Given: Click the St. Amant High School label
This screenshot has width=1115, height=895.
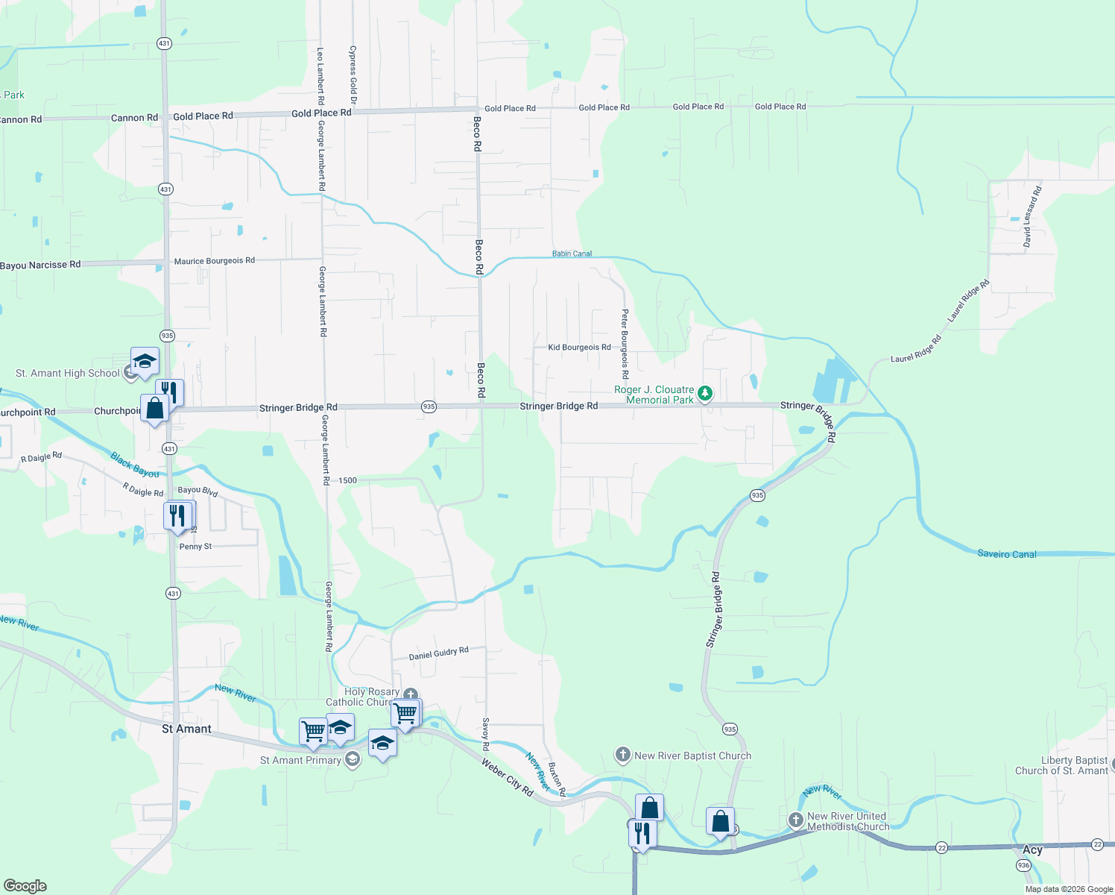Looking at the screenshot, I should coord(68,373).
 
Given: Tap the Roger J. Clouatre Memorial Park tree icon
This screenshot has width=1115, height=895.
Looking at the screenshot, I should coord(704,393).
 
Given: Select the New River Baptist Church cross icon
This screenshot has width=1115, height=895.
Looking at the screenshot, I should coord(622,755).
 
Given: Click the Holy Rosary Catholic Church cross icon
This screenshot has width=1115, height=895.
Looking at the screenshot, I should coord(410,695).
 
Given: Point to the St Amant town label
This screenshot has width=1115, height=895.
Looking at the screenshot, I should coord(186,729).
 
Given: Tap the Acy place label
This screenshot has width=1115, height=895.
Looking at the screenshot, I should coord(1032,850).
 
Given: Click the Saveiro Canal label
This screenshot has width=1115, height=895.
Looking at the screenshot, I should coord(1006,554).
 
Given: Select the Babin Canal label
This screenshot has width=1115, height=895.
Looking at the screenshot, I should coord(572,254).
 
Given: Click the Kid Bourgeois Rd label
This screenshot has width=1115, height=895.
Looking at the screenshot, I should coord(579,347).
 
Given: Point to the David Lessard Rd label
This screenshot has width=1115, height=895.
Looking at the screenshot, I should coord(1032,217).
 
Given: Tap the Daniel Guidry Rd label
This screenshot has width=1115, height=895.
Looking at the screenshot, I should coord(438,654).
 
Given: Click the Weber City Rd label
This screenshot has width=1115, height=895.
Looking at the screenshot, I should coord(508,777).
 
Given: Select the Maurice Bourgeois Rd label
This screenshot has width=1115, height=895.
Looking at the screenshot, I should coord(214,261).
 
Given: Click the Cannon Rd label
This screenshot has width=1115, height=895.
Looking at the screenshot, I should coord(134,118).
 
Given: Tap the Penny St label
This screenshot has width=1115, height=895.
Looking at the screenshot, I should coord(195,547).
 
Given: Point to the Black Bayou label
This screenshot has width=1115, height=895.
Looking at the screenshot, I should coord(135,465).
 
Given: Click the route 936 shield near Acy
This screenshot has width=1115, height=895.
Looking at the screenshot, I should coord(1023,865).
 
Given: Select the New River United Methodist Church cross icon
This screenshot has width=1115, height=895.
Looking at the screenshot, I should coord(796,820).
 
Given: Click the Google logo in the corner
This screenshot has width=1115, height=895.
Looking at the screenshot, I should coord(25,886).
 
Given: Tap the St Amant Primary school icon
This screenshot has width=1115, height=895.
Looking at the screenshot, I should coord(353,759).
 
